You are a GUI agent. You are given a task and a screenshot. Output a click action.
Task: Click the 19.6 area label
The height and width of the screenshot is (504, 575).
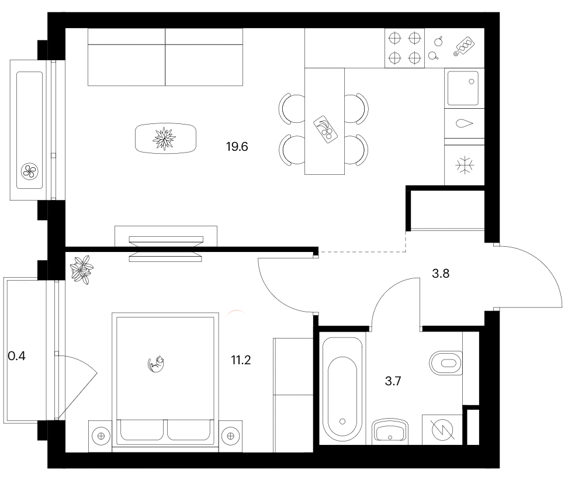click(237, 147)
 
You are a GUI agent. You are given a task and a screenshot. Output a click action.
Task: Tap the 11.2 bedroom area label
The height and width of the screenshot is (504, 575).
click(241, 360)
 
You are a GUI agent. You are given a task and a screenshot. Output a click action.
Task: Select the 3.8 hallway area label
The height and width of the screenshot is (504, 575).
click(441, 273)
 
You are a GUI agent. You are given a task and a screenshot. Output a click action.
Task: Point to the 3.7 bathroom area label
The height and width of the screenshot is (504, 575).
click(393, 381)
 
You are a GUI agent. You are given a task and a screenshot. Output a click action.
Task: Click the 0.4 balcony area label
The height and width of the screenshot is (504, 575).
click(16, 356)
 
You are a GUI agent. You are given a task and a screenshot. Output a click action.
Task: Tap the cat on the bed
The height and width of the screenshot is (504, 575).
click(156, 364)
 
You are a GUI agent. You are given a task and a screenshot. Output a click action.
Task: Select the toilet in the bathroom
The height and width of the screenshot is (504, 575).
click(445, 363)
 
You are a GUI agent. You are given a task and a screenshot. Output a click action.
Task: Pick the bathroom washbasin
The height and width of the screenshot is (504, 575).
click(390, 431)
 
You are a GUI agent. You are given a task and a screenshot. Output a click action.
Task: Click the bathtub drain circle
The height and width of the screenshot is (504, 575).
click(342, 422)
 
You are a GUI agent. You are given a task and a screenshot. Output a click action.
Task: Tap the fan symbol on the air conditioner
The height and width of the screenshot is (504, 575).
click(30, 171)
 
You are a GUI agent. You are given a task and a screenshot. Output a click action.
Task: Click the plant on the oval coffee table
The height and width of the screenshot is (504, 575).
click(164, 139)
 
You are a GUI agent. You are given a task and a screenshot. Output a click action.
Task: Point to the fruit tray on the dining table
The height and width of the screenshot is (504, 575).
click(325, 129)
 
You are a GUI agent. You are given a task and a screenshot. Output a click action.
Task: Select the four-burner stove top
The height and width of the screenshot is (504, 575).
click(404, 48)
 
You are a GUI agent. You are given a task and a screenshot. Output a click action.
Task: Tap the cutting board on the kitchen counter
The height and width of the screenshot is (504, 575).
click(464, 46)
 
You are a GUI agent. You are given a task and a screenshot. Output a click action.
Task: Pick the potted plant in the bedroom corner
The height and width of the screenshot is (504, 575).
click(81, 270)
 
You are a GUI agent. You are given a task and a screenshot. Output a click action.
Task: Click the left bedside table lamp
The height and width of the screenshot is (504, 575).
click(101, 436)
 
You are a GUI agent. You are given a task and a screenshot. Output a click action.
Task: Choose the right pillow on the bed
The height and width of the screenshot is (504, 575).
click(189, 430)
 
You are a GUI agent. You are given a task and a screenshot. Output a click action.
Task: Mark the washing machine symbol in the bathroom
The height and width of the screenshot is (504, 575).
click(442, 430)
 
